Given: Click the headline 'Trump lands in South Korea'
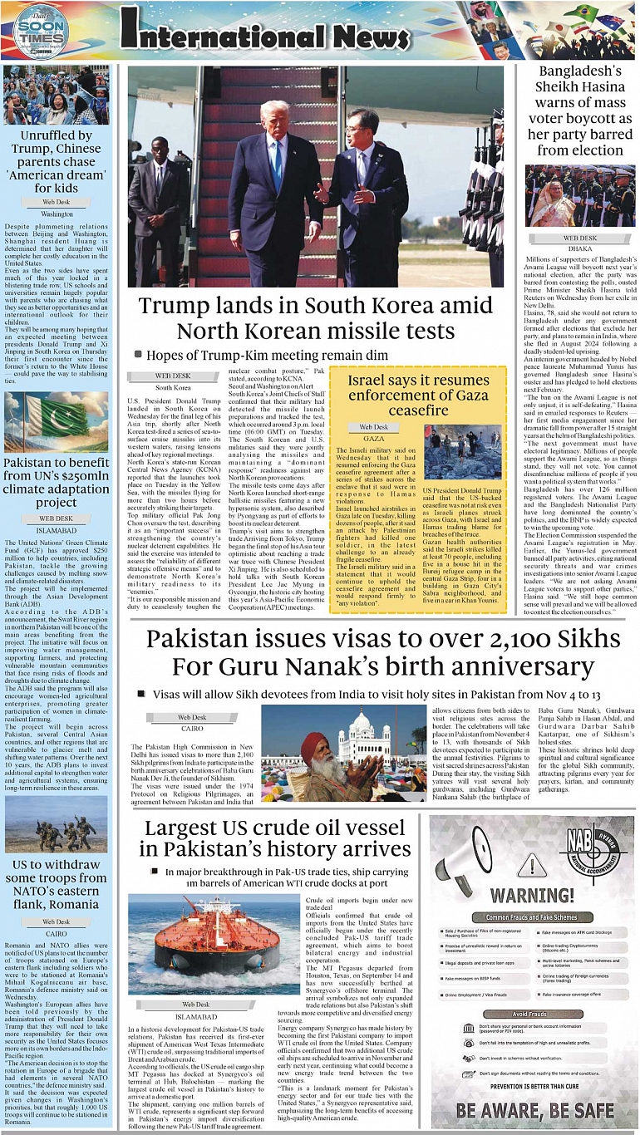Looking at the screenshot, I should pyautogui.click(x=315, y=317).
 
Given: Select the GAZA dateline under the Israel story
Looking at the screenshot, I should pyautogui.click(x=373, y=438).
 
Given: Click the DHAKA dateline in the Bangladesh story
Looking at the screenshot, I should pyautogui.click(x=579, y=248).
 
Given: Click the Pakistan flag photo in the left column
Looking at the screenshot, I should pyautogui.click(x=56, y=421).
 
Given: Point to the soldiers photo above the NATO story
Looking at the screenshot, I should pyautogui.click(x=56, y=825).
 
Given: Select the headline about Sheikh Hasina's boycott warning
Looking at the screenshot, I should pyautogui.click(x=579, y=111).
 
